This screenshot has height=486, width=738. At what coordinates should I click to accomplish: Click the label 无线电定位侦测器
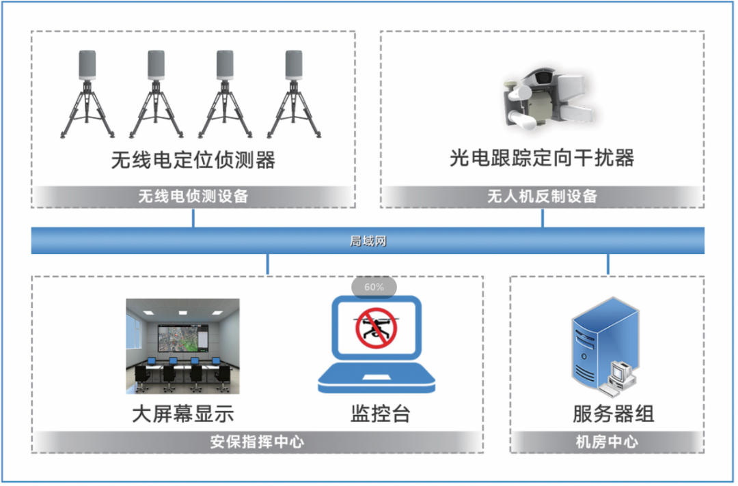[x=193, y=160]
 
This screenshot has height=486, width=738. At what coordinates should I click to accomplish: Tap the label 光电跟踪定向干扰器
[x=542, y=158]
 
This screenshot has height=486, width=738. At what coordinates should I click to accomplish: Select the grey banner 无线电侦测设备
[x=193, y=196]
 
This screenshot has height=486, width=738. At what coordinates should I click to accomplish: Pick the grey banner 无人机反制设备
[x=542, y=196]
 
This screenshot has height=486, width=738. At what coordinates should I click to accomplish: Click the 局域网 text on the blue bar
[x=368, y=241]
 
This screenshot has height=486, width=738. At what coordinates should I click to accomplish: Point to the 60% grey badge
[x=374, y=287]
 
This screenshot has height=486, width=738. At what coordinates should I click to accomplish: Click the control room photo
[x=182, y=346]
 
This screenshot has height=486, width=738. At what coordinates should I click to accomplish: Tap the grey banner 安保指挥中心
[x=258, y=442]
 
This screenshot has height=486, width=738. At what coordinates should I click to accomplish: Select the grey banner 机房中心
[x=607, y=442]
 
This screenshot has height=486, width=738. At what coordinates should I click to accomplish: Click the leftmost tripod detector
[x=87, y=94]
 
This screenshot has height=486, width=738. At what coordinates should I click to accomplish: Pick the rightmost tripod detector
[x=294, y=94]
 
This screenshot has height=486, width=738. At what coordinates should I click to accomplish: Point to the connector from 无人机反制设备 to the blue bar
[x=543, y=218]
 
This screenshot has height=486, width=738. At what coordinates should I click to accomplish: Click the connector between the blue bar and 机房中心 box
[x=608, y=264]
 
